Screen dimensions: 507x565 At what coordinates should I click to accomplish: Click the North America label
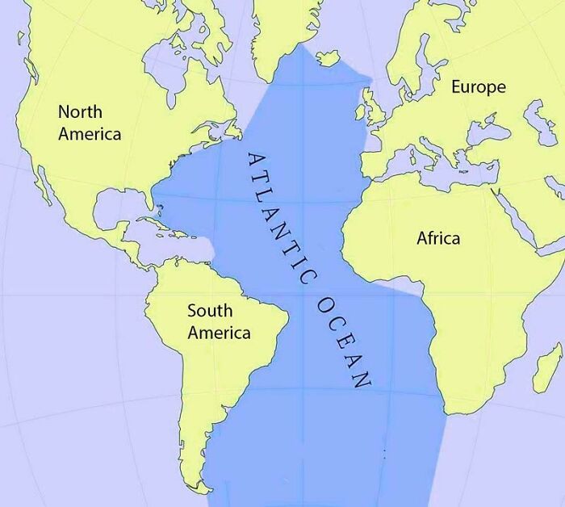(90, 123)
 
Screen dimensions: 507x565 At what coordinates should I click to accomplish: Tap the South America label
(219, 321)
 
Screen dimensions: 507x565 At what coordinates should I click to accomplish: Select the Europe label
(478, 86)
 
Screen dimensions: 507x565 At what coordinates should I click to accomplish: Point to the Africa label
(438, 238)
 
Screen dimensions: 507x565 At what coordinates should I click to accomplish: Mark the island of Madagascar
(548, 367)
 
